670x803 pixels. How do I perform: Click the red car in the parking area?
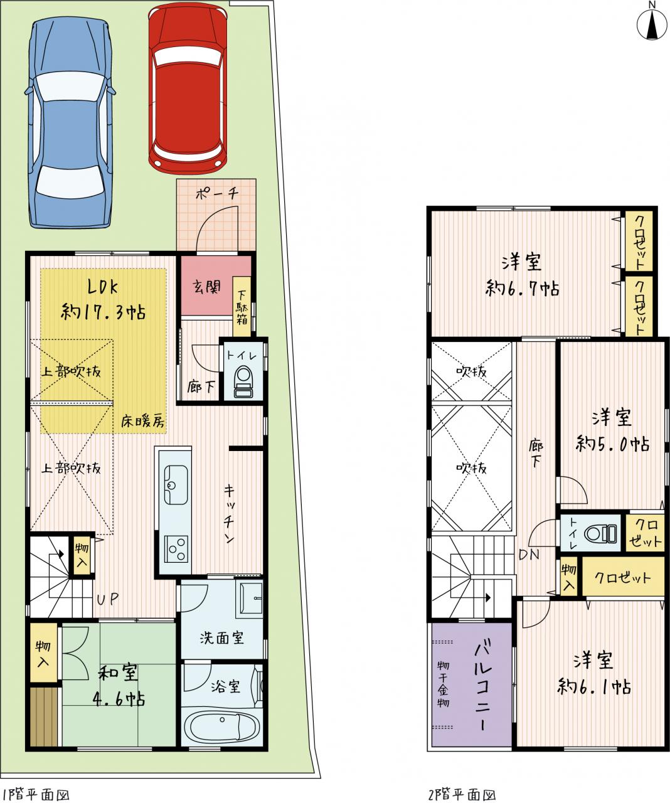coord(188,90)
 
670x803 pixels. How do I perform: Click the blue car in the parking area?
coord(70,124)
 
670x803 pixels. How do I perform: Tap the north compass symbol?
coord(652,24)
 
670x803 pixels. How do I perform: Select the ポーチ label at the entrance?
coord(217,193)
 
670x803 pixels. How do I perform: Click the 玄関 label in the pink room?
coord(207,287)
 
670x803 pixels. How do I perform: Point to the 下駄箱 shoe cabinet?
coord(242,306)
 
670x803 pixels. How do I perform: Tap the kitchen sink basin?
coord(176,484)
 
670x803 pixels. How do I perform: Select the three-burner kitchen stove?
coord(176,549)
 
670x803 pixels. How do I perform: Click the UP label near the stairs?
coord(107,599)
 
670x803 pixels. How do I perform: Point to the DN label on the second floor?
coord(529,554)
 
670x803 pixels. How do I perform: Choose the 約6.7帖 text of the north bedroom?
coord(522,289)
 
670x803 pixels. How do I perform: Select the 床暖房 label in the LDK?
coord(143,422)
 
